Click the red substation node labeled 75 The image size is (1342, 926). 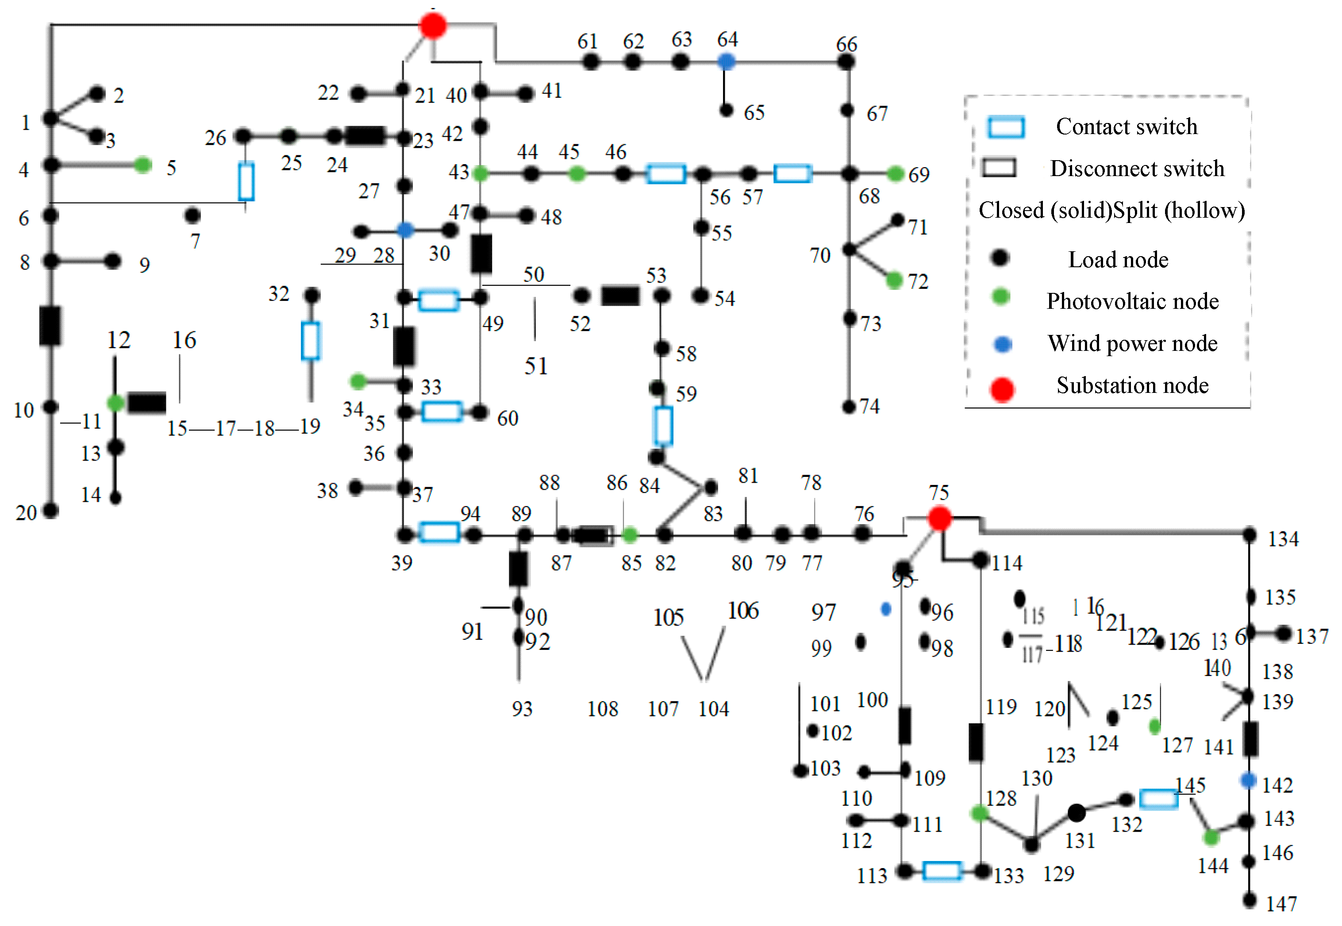pos(939,518)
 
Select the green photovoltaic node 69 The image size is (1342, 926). pos(896,173)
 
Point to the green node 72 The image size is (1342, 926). pos(894,281)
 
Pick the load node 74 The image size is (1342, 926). pos(849,407)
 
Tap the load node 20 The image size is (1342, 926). pos(51,511)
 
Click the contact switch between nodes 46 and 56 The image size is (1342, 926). pos(666,173)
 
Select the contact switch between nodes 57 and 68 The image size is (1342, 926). pos(792,173)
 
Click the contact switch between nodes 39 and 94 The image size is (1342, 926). pos(439,532)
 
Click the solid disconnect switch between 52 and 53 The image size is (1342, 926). pos(620,296)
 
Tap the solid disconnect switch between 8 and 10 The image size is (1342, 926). pos(50,326)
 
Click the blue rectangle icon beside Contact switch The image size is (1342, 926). pos(1006,127)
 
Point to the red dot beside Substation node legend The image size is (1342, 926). pos(1002,389)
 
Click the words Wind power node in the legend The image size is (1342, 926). pos(1132,343)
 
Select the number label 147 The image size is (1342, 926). pos(1281,903)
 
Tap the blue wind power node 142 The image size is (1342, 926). pos(1249,780)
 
